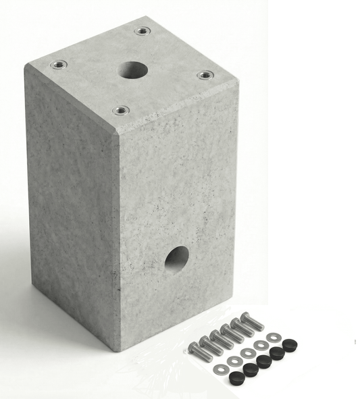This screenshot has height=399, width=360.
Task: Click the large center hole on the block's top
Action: coord(133,70)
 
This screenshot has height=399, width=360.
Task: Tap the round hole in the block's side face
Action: coord(177,259)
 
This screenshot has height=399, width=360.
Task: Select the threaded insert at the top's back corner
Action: coord(142,30)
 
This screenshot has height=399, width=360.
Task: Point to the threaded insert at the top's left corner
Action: coord(59,65)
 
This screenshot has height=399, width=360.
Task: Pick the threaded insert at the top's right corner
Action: coord(205,75)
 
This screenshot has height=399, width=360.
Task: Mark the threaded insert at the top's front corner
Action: coord(121,110)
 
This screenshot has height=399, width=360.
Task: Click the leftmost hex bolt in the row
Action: coord(197,349)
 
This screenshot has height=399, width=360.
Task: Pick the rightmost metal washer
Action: coord(274,337)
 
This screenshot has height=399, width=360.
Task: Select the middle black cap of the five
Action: coord(264,361)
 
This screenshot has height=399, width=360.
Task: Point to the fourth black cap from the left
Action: coord(278,352)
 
